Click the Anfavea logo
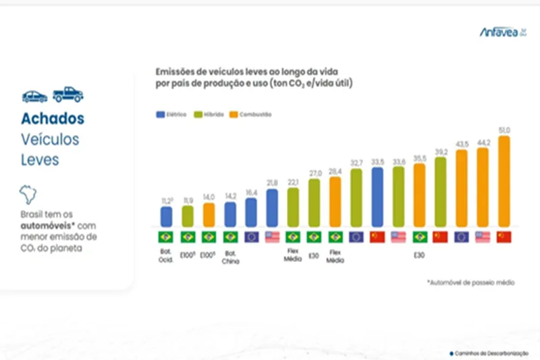(504, 31)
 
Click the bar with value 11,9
(187, 215)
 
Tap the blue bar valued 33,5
(377, 196)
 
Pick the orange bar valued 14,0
(209, 213)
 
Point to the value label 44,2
(483, 142)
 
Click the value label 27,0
(314, 173)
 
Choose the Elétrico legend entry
(171, 115)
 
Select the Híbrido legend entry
(209, 115)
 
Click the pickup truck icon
(68, 95)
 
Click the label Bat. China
(230, 260)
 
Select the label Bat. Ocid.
(166, 260)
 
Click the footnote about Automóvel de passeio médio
(470, 282)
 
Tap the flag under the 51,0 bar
(504, 237)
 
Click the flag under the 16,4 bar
(250, 237)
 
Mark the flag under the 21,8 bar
(272, 237)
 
